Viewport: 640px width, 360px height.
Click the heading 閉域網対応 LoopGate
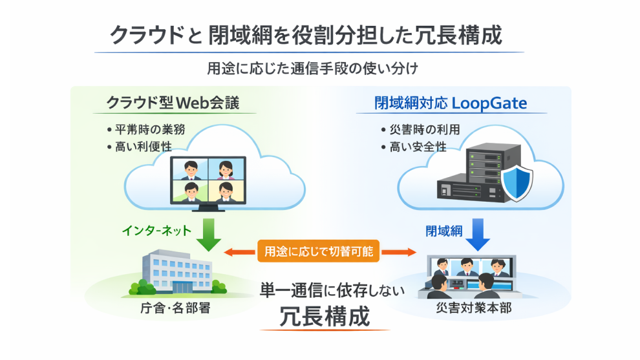click(x=451, y=103)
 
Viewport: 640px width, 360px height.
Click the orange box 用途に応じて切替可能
click(x=319, y=251)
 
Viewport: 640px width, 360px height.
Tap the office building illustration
click(x=175, y=271)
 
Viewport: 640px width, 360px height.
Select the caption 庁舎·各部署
click(x=175, y=308)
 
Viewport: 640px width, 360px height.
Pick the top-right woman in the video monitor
click(x=226, y=169)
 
